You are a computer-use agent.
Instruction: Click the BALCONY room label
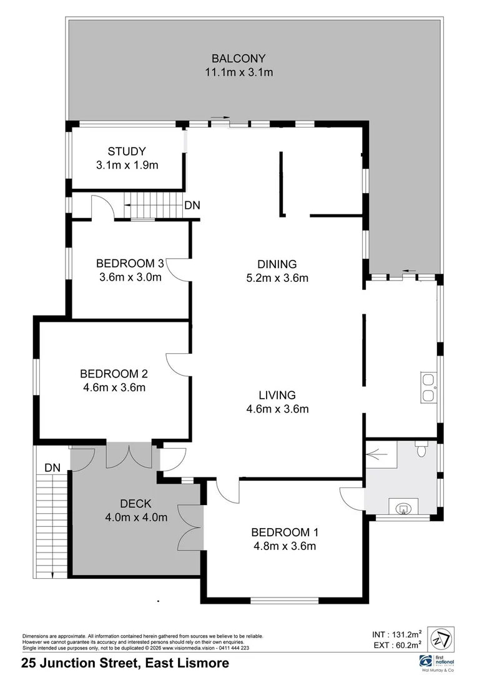point(238,59)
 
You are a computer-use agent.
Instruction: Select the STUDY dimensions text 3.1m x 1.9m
point(127,166)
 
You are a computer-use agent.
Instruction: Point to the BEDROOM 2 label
point(114,374)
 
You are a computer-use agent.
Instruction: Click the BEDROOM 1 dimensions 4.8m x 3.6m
point(285,546)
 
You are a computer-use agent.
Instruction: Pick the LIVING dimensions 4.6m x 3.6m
point(278,409)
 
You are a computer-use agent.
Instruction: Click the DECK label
point(135,503)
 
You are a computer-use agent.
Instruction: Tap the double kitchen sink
point(428,387)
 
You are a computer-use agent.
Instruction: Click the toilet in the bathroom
point(423,449)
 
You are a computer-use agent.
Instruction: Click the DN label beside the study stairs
point(192,206)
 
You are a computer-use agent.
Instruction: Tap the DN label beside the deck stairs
point(52,467)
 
